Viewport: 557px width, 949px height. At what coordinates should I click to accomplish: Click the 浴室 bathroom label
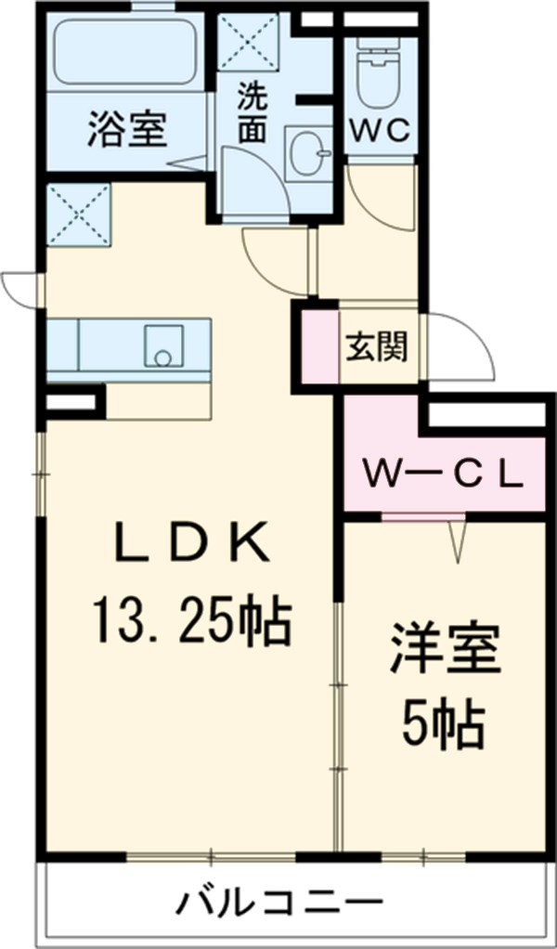pyautogui.click(x=127, y=129)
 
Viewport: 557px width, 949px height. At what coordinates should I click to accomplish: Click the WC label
pyautogui.click(x=380, y=131)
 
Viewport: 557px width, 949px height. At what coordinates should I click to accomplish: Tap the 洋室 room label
pyautogui.click(x=445, y=653)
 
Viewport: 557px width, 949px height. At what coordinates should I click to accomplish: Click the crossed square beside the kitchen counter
pyautogui.click(x=78, y=214)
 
